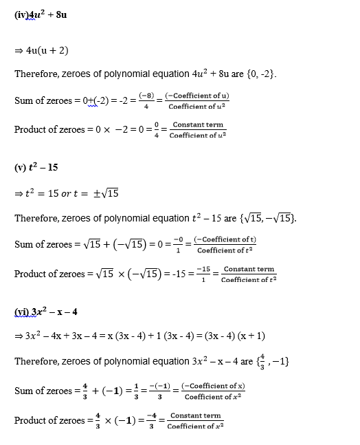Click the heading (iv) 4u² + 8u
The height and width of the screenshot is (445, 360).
tap(40, 14)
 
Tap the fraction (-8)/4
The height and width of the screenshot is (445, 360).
tap(145, 100)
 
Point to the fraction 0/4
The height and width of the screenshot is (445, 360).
tap(157, 129)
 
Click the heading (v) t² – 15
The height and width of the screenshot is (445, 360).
tap(36, 169)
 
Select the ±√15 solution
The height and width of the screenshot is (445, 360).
tap(105, 193)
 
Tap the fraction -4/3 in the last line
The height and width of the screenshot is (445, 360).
tap(152, 420)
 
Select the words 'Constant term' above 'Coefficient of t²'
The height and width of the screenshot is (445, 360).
tap(249, 269)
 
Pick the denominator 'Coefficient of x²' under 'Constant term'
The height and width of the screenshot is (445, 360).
tap(196, 426)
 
